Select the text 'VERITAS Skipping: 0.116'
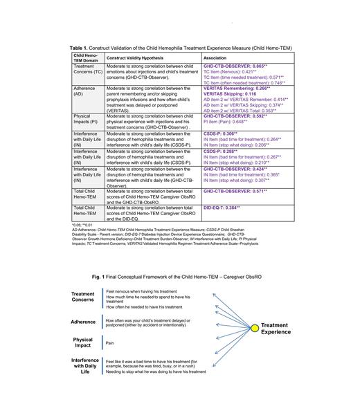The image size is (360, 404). [x=227, y=93]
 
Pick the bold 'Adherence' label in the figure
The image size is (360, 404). [x=83, y=322]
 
